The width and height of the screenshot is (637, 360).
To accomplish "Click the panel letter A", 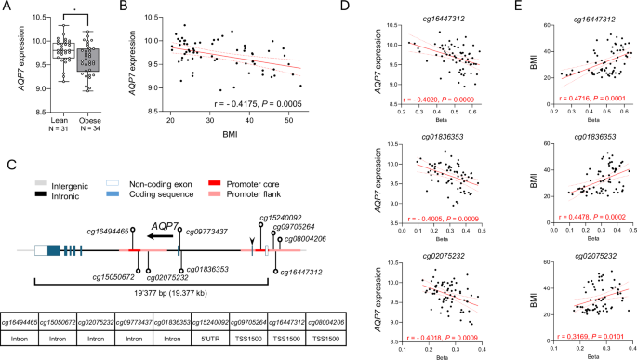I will (7, 8).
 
